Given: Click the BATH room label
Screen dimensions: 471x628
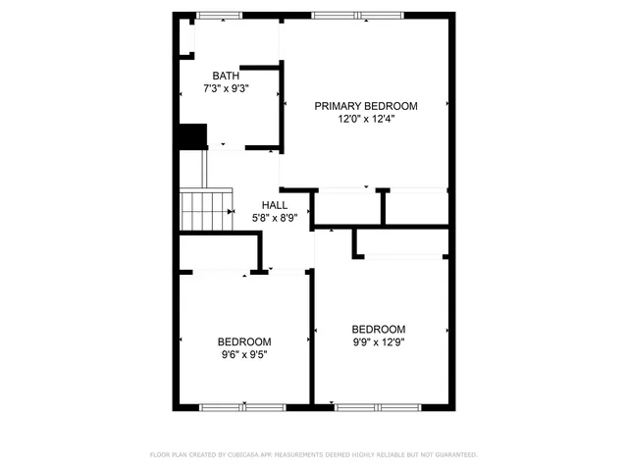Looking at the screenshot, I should (226, 76).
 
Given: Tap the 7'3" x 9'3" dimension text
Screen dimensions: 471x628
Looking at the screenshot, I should (226, 88).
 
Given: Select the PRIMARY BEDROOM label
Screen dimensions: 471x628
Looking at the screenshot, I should (366, 106).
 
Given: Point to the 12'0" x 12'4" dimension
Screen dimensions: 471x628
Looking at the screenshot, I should (366, 119).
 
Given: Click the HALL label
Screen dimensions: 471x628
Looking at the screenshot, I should (275, 205).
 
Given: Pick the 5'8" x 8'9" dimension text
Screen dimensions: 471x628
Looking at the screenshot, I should (275, 218).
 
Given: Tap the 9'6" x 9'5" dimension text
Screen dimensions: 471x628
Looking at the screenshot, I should (244, 354).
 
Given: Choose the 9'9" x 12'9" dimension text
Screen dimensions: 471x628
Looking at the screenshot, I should (379, 341).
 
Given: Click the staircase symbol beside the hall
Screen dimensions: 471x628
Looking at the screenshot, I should (205, 210).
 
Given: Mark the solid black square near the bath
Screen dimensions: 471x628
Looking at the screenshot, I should (192, 136).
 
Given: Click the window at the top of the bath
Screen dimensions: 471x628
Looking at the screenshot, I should (219, 16).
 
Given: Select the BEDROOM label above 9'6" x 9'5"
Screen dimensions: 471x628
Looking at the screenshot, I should (244, 341).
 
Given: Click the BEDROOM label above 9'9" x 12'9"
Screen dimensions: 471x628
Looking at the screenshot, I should (379, 329).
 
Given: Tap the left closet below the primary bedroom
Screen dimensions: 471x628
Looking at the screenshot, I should (347, 208).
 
